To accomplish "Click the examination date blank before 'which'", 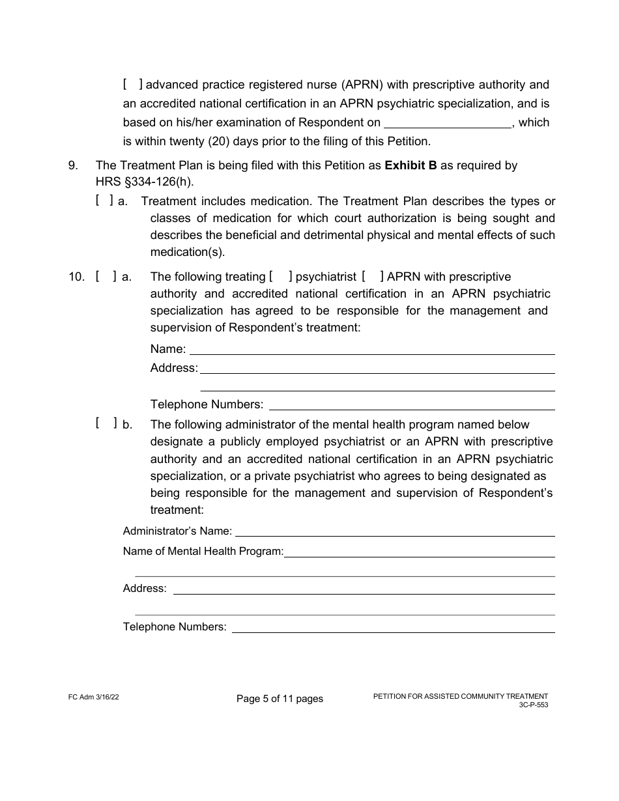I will (x=448, y=123).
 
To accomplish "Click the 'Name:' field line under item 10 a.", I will (x=371, y=350).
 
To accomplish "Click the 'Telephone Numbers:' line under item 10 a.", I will (x=411, y=404).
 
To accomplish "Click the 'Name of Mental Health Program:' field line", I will (x=419, y=552).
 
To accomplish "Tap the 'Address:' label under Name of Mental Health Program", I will (x=145, y=589).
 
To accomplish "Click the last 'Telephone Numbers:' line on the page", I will (x=394, y=628).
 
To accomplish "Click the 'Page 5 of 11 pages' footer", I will (x=280, y=699).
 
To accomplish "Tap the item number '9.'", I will (x=74, y=165).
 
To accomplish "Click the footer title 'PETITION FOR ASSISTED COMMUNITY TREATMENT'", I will (x=460, y=696).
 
